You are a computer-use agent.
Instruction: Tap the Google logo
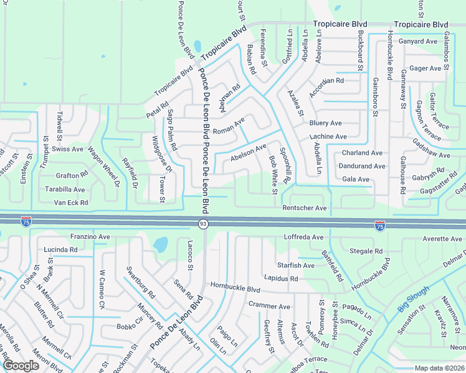click(x=20, y=366)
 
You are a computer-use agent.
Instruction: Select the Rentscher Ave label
click(x=304, y=208)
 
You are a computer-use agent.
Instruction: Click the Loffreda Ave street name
click(x=304, y=237)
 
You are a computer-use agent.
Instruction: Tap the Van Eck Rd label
click(x=71, y=203)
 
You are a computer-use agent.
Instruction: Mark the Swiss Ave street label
click(x=67, y=149)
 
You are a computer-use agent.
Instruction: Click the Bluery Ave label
click(x=325, y=123)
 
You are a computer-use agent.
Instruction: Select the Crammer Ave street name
click(x=269, y=306)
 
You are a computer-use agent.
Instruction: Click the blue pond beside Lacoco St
click(x=160, y=245)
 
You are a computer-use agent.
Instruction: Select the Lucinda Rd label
click(x=60, y=250)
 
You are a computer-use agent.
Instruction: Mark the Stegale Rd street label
click(x=366, y=252)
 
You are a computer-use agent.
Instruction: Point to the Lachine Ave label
click(x=328, y=137)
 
